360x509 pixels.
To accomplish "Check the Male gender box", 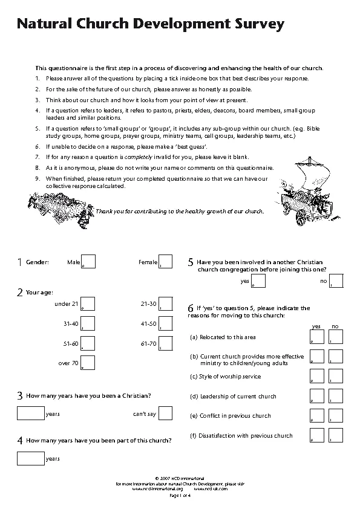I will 88,262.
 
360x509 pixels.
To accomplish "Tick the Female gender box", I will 165,262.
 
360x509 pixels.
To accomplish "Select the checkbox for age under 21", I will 88,303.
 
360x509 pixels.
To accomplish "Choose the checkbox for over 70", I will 88,363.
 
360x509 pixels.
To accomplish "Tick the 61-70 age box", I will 165,343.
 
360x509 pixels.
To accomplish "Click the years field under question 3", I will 31,413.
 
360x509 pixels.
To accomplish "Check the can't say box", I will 165,413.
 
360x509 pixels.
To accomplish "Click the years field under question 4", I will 31,458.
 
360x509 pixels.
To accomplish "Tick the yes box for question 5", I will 258,281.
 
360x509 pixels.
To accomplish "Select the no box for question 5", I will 336,281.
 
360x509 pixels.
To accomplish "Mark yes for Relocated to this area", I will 316,337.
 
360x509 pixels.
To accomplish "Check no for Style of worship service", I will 336,376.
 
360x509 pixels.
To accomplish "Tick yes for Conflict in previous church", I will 316,415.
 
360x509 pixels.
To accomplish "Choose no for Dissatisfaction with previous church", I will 336,435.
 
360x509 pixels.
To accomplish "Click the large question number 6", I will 191,308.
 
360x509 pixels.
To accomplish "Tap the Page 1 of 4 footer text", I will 180,496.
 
